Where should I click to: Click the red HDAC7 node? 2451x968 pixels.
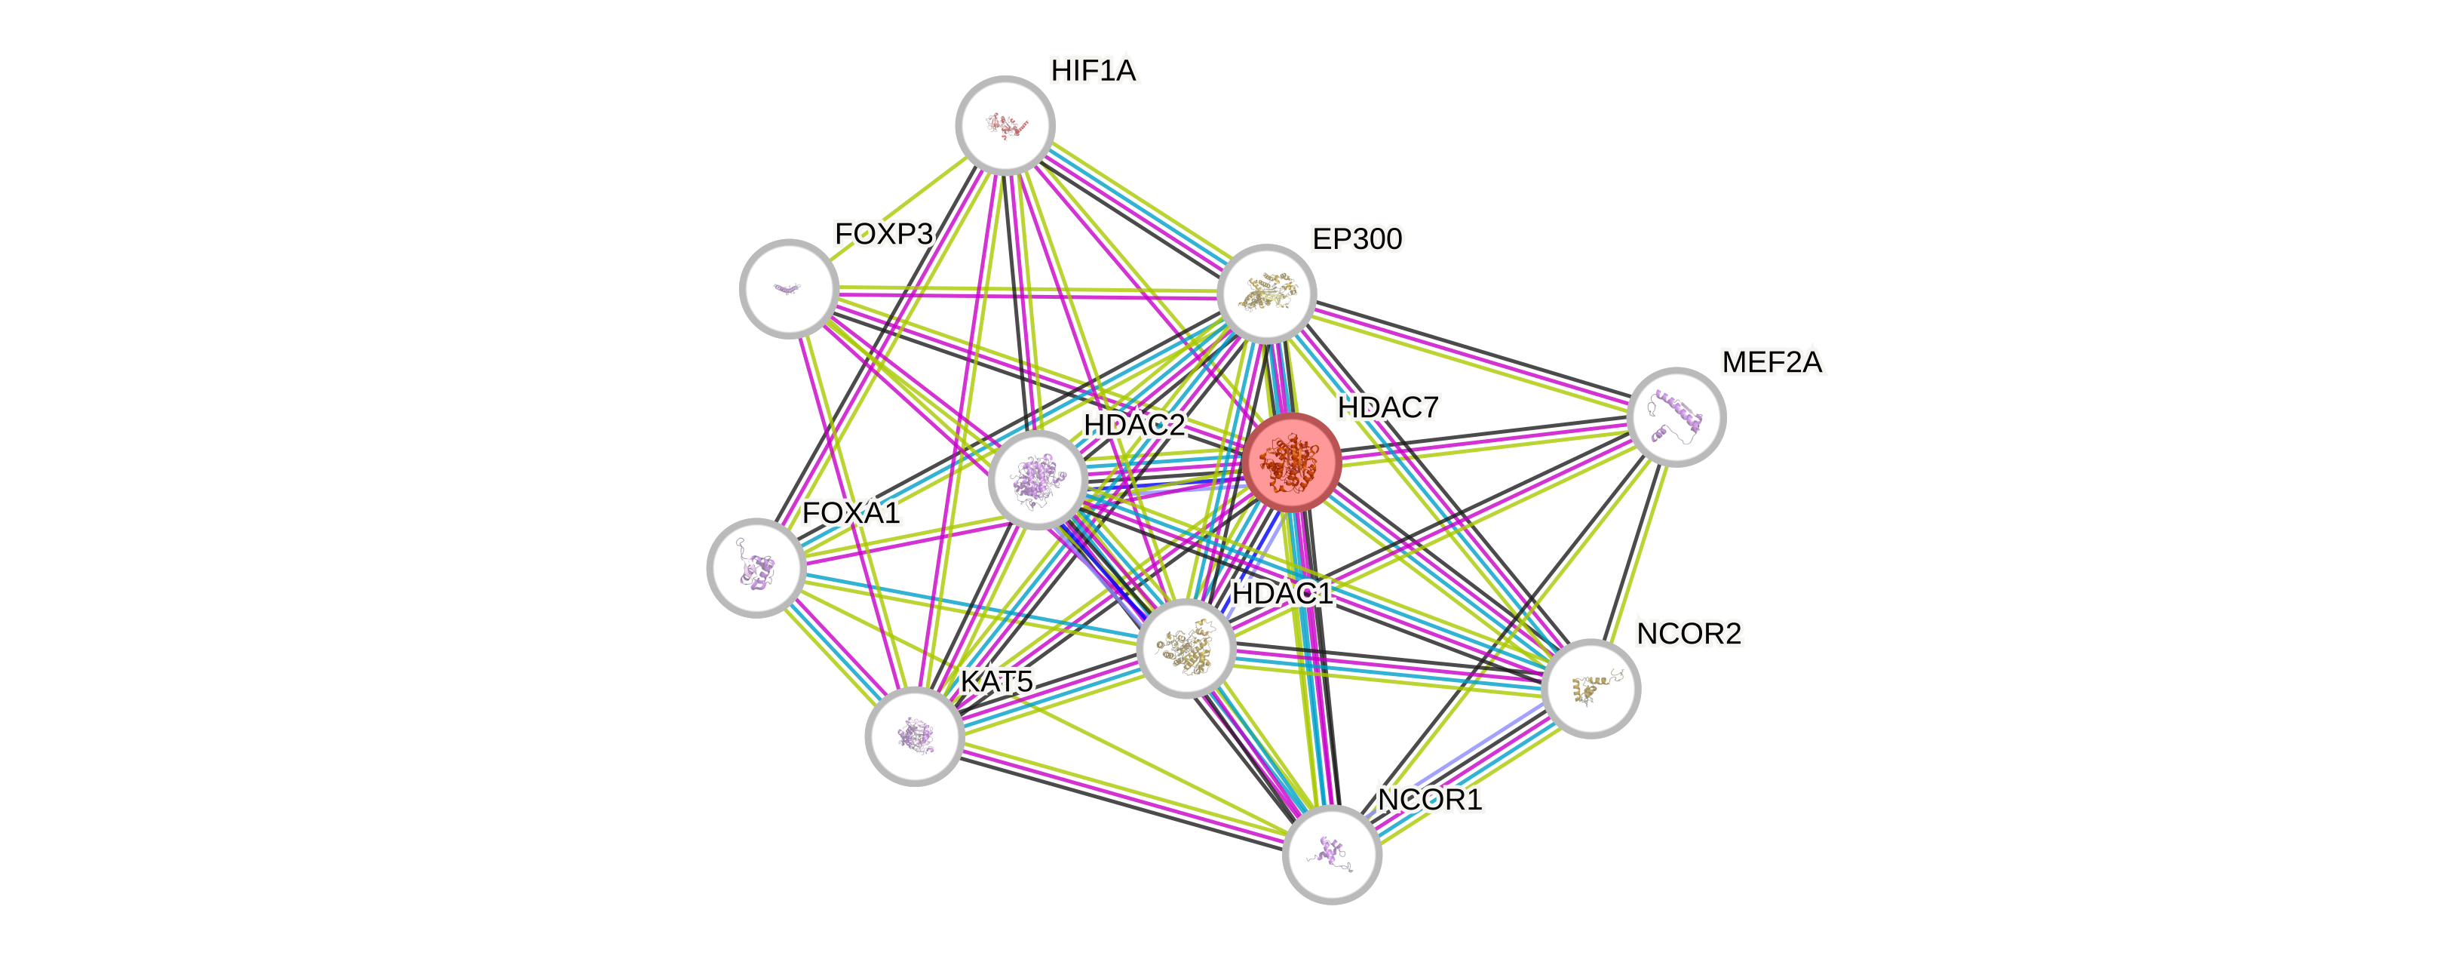(x=1292, y=462)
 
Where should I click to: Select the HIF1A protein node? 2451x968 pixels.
(x=1005, y=124)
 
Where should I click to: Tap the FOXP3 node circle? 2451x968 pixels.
(x=789, y=287)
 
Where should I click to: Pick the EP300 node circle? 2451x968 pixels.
(x=1266, y=293)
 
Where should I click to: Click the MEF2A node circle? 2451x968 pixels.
(x=1676, y=417)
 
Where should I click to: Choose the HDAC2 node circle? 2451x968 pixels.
(x=1037, y=479)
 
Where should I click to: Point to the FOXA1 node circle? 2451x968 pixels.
(x=756, y=567)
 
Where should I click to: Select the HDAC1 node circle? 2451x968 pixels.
(x=1186, y=648)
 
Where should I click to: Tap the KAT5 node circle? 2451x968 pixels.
(x=914, y=736)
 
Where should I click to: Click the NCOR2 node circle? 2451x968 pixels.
(x=1590, y=688)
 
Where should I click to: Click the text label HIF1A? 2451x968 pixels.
(x=1094, y=70)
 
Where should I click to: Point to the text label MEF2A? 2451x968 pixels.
(x=1772, y=363)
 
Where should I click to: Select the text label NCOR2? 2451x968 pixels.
(x=1689, y=634)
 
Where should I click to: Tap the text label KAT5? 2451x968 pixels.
(x=995, y=681)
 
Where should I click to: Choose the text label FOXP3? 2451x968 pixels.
(x=884, y=234)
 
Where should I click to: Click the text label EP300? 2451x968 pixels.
(x=1357, y=239)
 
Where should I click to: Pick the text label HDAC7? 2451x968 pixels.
(x=1387, y=407)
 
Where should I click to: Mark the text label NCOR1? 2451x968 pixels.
(x=1429, y=801)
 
